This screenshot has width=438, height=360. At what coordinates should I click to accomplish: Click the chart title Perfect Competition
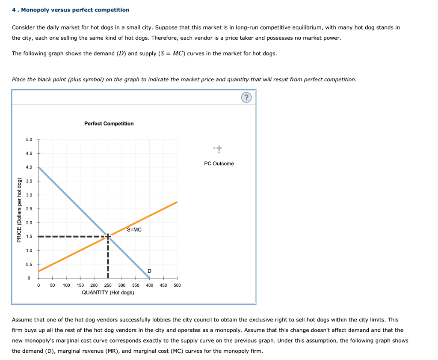coord(109,124)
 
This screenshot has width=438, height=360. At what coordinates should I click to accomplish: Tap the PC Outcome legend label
coord(219,164)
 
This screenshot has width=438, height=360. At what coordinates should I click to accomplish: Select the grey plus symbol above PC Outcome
coord(219,149)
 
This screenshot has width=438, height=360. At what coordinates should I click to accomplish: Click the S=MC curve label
coord(134,230)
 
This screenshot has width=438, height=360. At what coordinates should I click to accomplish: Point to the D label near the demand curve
coord(149,271)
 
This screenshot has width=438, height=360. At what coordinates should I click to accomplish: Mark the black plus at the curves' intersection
coord(108,236)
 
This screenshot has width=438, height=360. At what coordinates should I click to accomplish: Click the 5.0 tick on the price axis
coord(29,140)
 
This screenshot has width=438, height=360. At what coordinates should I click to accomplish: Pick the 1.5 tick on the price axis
coord(29,237)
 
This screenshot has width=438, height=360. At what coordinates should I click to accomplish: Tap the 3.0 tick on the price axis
coord(29,195)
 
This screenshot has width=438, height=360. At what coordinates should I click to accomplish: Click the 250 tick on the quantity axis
coord(108,285)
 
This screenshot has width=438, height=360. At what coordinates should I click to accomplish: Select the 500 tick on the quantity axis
coord(177,285)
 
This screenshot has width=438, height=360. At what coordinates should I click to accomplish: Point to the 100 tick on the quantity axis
coord(66,285)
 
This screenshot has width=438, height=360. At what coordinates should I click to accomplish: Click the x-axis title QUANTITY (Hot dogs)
coord(108,292)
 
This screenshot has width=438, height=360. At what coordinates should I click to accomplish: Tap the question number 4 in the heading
coord(14,9)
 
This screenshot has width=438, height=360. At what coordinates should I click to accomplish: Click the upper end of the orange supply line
coord(176,202)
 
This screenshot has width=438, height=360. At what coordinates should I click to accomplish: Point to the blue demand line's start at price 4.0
coord(39,168)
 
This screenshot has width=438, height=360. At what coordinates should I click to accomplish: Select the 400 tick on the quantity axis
coord(149,285)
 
